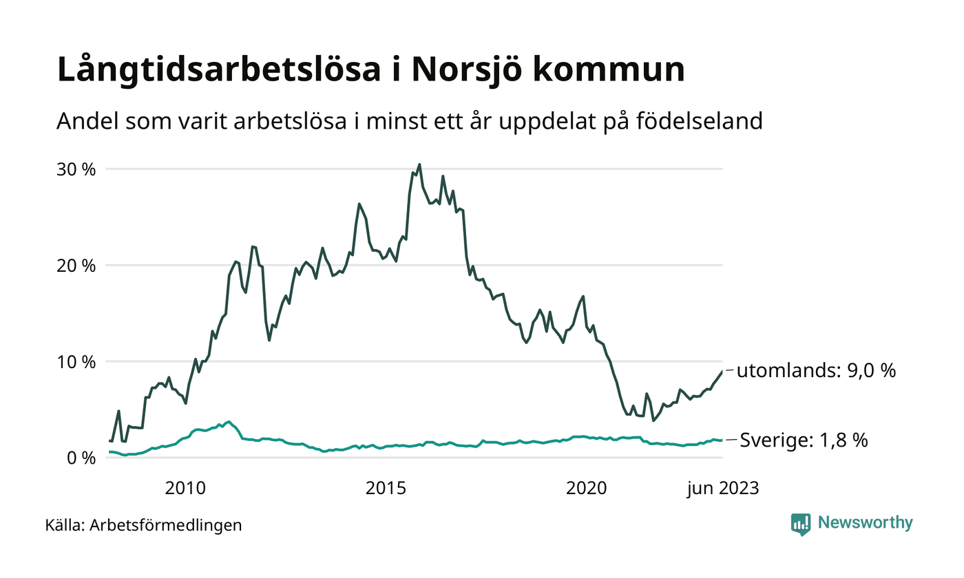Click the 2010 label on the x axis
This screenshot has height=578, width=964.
(x=185, y=489)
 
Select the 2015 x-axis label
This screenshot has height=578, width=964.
(x=386, y=489)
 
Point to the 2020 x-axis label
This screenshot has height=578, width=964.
(x=586, y=489)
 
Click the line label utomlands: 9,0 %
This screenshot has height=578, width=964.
(x=816, y=371)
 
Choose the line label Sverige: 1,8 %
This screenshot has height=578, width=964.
(x=804, y=440)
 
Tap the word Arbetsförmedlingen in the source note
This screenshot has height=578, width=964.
(x=166, y=526)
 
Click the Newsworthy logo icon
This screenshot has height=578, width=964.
(x=801, y=524)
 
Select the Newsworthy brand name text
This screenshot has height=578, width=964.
(x=865, y=523)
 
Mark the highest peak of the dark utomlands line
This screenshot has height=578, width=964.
(x=419, y=164)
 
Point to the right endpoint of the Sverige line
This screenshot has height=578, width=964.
(x=722, y=440)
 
